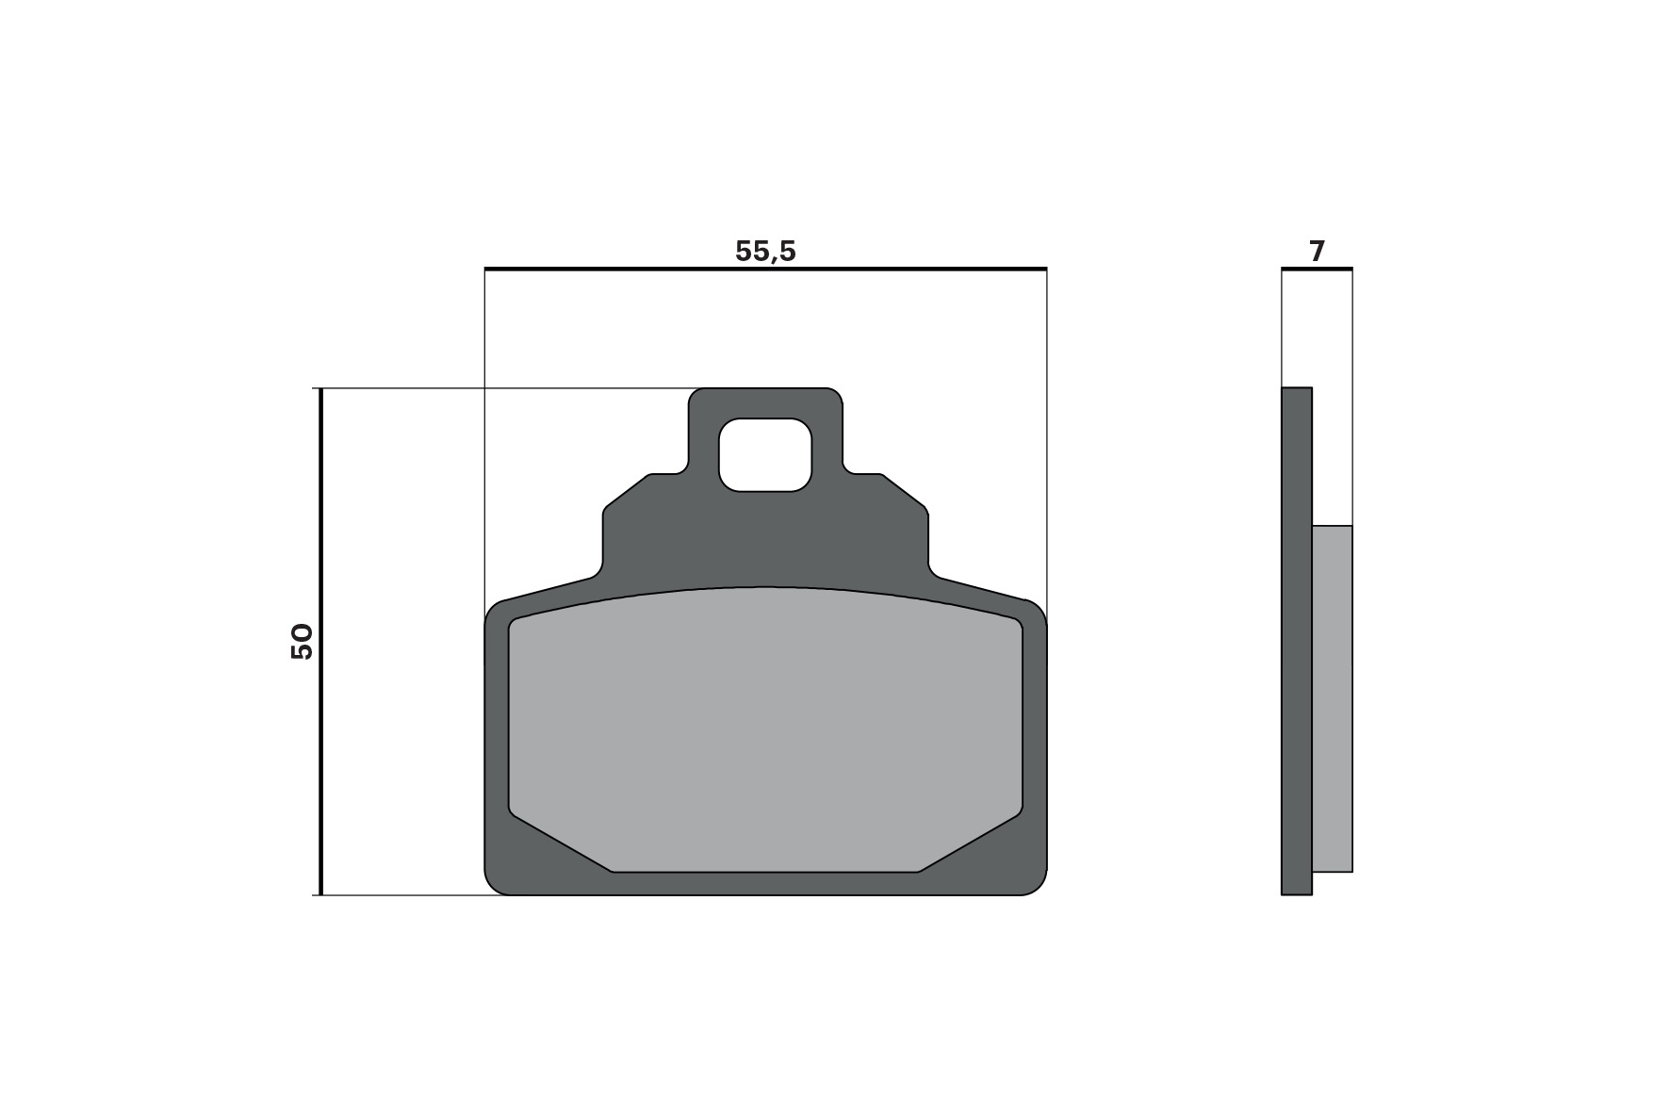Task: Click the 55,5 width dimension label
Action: [765, 251]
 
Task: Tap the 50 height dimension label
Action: [302, 641]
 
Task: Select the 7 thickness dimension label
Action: [1317, 252]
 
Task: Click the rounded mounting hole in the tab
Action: [764, 454]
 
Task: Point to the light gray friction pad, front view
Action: [765, 730]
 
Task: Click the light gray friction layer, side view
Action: [1333, 698]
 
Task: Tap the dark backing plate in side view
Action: [1297, 641]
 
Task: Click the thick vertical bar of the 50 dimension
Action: [321, 641]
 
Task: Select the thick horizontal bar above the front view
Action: [765, 270]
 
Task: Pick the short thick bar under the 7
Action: [1317, 270]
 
